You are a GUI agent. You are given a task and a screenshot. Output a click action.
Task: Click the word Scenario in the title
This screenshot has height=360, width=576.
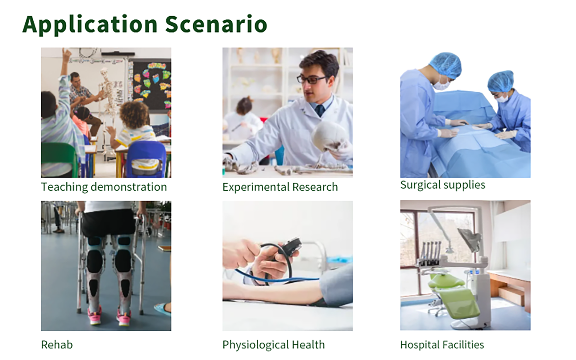click(216, 24)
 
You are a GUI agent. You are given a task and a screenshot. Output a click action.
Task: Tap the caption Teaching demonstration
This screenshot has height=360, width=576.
click(104, 187)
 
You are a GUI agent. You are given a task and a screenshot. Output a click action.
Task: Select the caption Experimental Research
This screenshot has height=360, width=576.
click(280, 187)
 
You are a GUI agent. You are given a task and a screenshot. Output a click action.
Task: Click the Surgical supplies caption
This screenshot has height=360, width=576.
click(443, 185)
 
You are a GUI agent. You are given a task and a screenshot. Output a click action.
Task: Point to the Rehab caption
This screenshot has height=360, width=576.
click(57, 345)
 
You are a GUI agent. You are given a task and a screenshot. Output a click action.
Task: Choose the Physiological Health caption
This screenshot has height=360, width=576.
click(274, 345)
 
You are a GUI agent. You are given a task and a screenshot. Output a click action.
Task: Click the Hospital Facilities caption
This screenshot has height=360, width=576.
click(442, 345)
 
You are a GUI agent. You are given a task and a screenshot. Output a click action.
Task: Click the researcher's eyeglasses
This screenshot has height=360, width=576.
click(312, 79)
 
